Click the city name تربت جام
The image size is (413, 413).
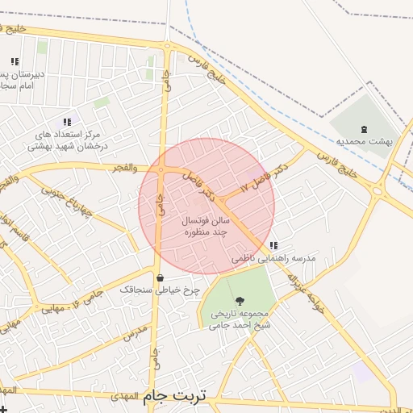tap(175, 396)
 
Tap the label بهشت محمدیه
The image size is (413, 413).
tap(365, 140)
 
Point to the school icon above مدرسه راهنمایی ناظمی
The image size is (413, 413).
tap(273, 245)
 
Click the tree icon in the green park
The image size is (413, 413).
tap(239, 300)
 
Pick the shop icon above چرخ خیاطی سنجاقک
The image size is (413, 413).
tap(161, 277)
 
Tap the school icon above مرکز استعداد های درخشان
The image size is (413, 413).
tap(67, 122)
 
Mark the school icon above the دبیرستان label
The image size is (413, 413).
tap(15, 61)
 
